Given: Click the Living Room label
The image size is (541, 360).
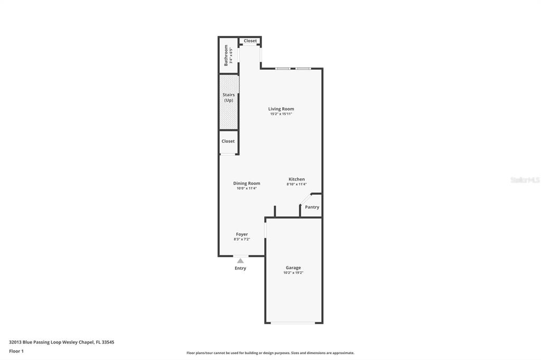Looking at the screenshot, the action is point(281,109).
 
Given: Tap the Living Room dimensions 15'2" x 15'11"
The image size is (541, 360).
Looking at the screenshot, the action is point(281,114).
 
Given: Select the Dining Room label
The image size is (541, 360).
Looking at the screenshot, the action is point(247,184).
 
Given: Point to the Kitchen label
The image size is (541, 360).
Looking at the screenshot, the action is point(297,179).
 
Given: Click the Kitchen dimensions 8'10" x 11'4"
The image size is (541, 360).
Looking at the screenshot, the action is point(297,184).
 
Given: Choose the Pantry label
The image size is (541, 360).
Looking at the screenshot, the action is point(312,207).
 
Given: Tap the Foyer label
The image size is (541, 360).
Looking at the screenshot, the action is point(242,234).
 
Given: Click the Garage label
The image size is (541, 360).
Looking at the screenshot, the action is point(293,268).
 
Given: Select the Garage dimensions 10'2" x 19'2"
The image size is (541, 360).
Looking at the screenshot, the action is point(293,273).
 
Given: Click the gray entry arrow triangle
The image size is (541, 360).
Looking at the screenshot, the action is point(240,261).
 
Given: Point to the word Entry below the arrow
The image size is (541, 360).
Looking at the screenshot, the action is point(240,268).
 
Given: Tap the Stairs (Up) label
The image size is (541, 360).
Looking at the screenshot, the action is point(229,98).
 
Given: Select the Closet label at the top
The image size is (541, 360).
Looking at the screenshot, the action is point(250,41).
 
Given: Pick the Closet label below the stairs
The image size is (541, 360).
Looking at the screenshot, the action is point(228,141).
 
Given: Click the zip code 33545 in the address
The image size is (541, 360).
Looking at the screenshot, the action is point(108,343).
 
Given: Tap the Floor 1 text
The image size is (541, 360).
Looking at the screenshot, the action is point(16,352).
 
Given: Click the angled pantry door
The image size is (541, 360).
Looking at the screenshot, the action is point(305,200).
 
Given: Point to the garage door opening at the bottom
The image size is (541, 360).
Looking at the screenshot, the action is point(293,323).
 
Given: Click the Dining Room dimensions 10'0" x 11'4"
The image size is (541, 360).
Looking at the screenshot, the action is point(247,188).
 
